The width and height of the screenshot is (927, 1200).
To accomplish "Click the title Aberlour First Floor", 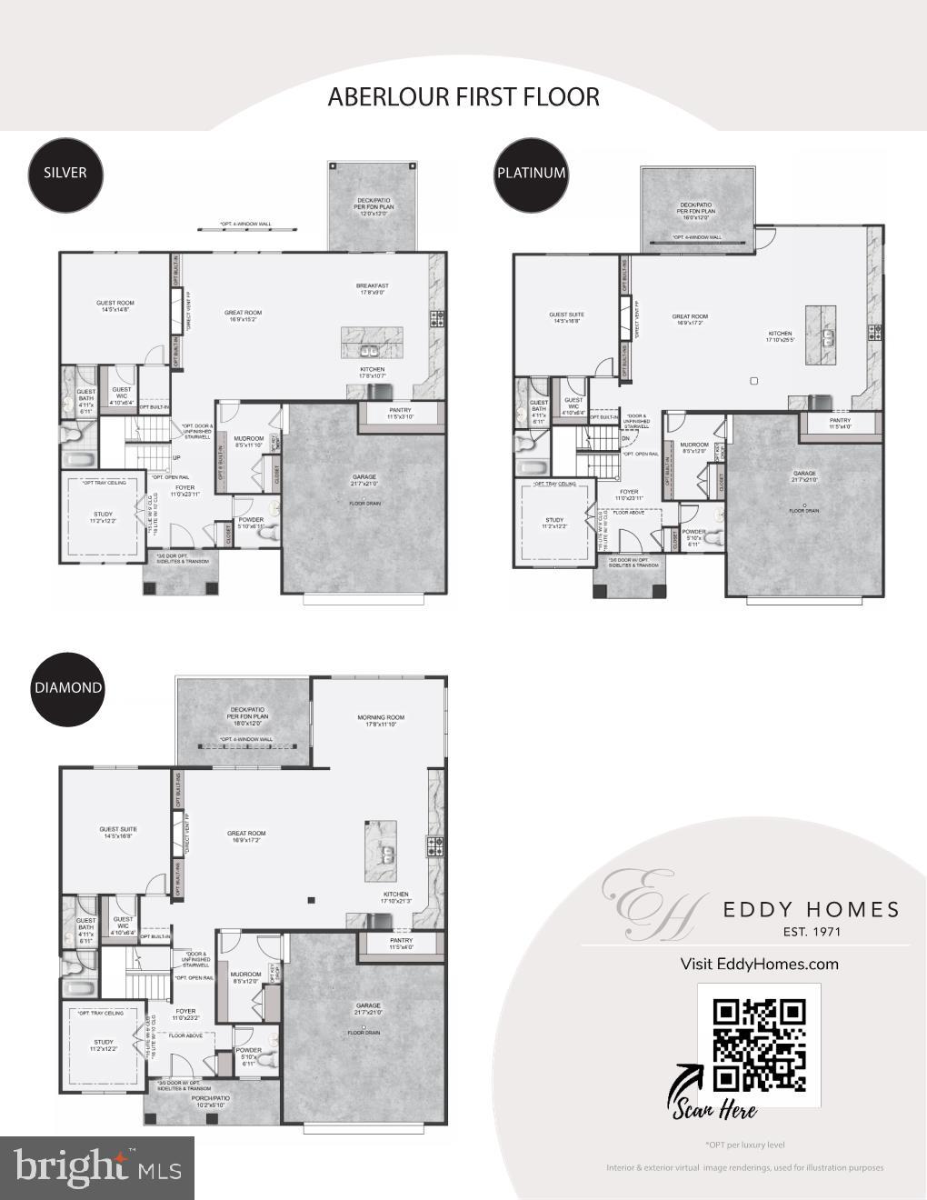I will click(463, 96).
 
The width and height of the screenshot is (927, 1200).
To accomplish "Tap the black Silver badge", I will click(65, 173).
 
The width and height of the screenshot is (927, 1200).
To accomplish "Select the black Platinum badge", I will click(531, 173).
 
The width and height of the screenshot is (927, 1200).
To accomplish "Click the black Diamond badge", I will click(68, 688).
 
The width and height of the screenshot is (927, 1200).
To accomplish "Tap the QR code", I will click(759, 1045).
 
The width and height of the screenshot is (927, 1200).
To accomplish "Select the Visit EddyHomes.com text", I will click(759, 964).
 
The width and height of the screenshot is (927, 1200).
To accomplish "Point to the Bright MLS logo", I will click(96, 1167).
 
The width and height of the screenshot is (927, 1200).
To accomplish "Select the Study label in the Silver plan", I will click(102, 517).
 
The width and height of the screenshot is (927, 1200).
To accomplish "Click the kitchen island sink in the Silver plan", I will click(370, 350).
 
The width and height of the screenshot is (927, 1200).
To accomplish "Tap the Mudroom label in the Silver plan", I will click(249, 441).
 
